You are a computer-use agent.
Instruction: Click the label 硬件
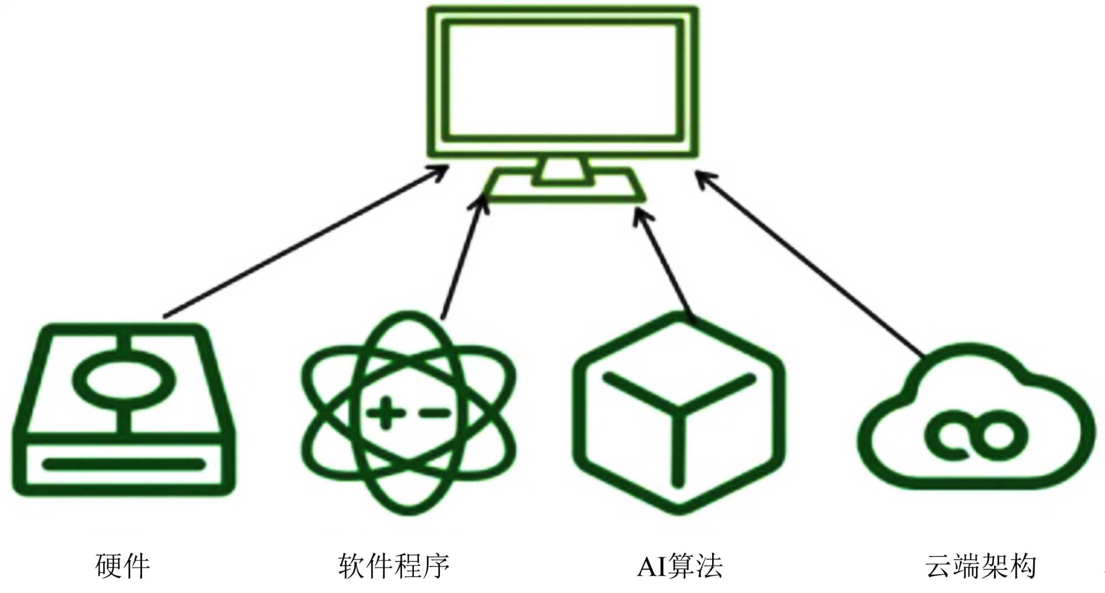[x=123, y=566]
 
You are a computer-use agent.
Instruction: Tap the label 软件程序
[x=394, y=566]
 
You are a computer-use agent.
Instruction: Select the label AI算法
[x=680, y=566]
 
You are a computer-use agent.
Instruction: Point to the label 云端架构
[x=981, y=566]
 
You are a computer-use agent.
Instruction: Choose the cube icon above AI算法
[x=678, y=412]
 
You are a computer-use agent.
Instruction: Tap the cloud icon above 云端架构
[x=975, y=420]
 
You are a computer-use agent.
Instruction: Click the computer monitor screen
[x=562, y=80]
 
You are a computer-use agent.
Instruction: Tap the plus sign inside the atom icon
[x=385, y=412]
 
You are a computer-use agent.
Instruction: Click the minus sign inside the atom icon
[x=434, y=412]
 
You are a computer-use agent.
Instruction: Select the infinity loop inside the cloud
[x=975, y=435]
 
